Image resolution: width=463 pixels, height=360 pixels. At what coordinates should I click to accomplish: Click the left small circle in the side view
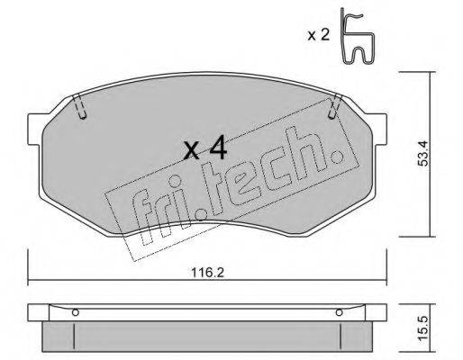point(77,313)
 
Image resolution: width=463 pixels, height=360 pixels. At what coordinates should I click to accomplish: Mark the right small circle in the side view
point(340,313)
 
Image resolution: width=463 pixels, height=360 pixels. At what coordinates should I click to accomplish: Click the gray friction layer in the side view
point(207,336)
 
